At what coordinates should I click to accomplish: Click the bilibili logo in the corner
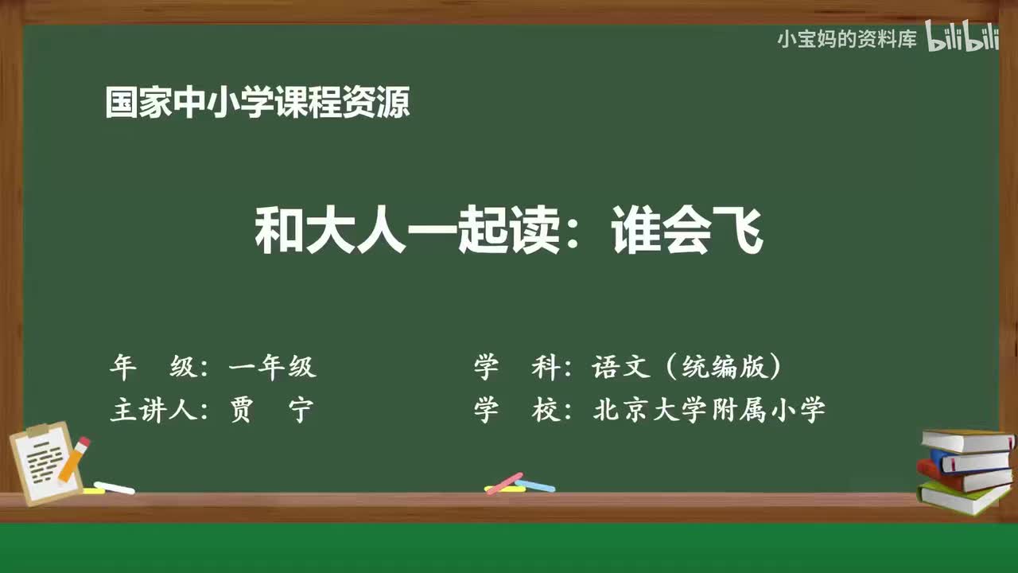coord(962,39)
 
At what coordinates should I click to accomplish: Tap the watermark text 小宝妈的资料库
coord(847,39)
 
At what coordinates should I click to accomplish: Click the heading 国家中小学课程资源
coord(258,103)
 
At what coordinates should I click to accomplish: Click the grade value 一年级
coord(272,367)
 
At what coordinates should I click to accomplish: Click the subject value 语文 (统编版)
coord(687,367)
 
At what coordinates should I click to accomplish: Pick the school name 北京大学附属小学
coord(709,411)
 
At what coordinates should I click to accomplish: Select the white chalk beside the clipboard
coord(114,487)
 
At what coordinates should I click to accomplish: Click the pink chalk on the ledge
coord(503,483)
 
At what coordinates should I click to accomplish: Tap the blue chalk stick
coord(535,485)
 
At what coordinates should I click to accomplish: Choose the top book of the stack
coord(966,440)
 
